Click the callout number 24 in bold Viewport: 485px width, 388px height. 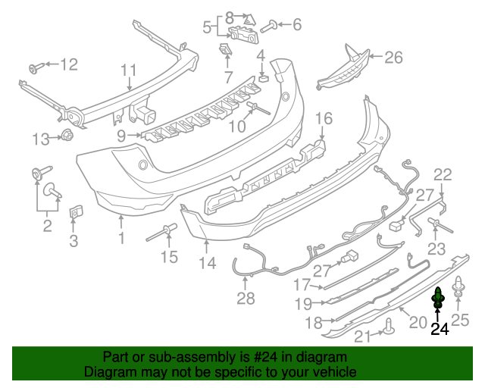[x=440, y=329]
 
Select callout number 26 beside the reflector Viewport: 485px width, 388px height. [x=394, y=57]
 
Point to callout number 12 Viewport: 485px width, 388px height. [x=68, y=64]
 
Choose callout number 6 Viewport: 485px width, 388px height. [x=296, y=25]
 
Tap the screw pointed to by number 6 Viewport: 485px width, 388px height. [x=268, y=26]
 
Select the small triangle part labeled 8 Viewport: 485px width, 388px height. [x=250, y=17]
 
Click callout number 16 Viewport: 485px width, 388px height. [x=324, y=118]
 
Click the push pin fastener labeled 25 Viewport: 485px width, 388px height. [x=459, y=287]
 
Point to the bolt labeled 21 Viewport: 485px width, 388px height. [x=388, y=327]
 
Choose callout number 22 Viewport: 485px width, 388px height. [x=443, y=175]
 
